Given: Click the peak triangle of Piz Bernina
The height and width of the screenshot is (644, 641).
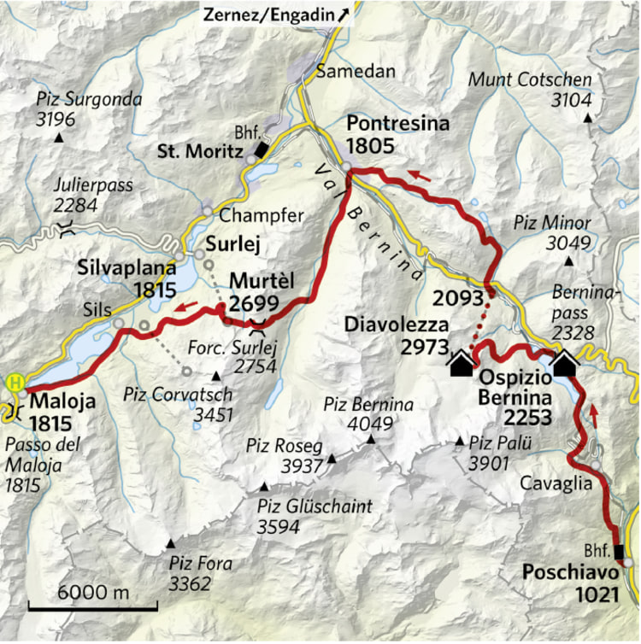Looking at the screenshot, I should tap(371, 440).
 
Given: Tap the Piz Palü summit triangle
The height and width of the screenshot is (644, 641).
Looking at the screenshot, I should tap(460, 442).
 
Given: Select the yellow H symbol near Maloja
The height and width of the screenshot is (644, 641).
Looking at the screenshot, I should tap(14, 382).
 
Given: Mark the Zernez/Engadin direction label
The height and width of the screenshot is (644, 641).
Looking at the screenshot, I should tap(276, 15).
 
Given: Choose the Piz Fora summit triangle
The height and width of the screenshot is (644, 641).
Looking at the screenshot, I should tap(171, 543).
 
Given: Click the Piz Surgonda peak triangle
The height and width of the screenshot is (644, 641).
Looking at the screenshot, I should tap(58, 138).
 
